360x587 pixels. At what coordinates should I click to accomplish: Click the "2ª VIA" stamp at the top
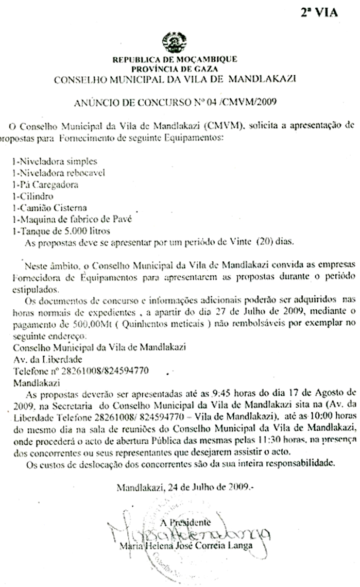pos(319,13)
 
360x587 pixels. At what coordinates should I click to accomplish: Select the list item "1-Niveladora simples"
pos(55,161)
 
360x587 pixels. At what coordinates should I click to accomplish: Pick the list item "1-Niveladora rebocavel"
pos(58,173)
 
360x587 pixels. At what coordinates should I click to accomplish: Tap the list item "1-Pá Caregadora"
pos(45,185)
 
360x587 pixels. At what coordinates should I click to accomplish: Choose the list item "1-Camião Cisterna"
pos(49,208)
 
